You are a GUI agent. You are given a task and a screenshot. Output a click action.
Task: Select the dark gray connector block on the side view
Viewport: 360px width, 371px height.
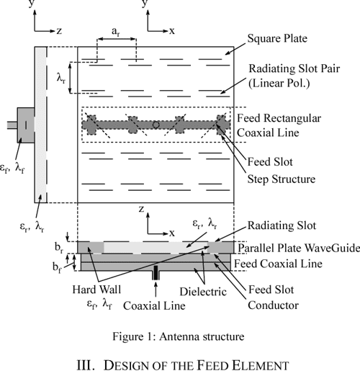23,125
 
